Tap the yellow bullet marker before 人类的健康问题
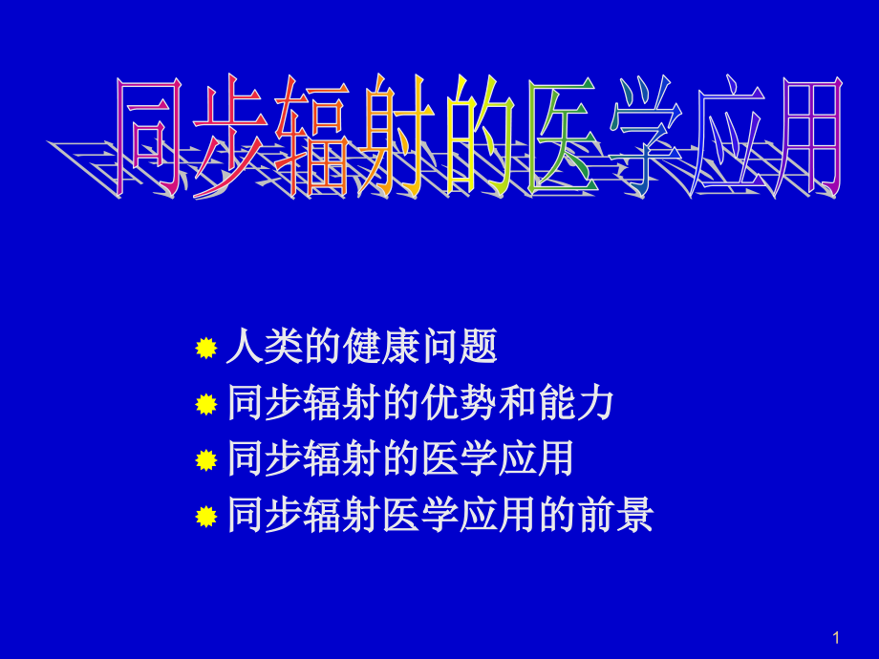coord(205,350)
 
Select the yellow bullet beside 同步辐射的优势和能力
coord(205,405)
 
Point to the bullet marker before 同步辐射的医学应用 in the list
coord(205,460)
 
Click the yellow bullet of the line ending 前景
coord(205,517)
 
